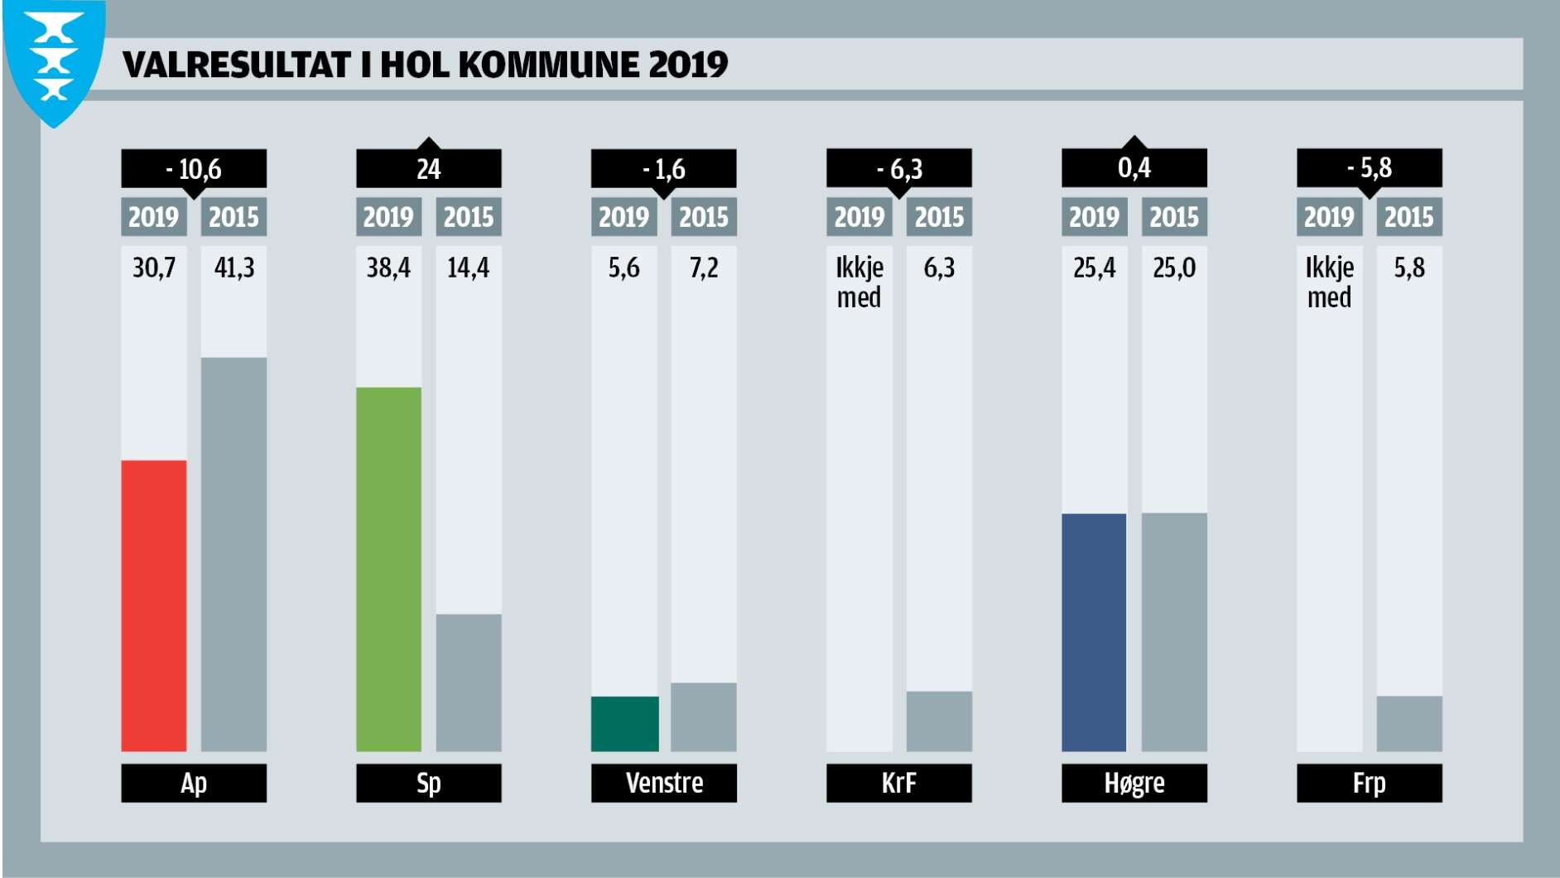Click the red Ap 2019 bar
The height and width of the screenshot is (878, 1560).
(x=154, y=605)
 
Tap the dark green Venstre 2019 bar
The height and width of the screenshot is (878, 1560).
(x=624, y=724)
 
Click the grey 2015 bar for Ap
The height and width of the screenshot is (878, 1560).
(x=234, y=554)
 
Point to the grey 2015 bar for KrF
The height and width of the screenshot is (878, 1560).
(x=939, y=721)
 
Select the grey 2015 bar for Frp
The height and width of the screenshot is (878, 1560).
(x=1409, y=724)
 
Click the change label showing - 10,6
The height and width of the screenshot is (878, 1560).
(x=194, y=169)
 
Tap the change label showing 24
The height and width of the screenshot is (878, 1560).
(x=429, y=169)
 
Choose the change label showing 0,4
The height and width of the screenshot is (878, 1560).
(x=1134, y=168)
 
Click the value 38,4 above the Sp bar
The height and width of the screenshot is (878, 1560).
(x=388, y=268)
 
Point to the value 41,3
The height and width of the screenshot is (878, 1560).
(x=234, y=268)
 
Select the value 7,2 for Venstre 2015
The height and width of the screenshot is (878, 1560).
(x=704, y=268)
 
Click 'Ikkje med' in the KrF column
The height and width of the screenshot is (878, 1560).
(x=859, y=282)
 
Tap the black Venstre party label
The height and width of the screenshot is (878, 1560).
(x=664, y=783)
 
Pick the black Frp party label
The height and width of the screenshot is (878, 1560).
(x=1370, y=783)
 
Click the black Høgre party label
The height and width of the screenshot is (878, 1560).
(x=1134, y=783)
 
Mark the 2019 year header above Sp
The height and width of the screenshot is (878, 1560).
(x=388, y=217)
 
